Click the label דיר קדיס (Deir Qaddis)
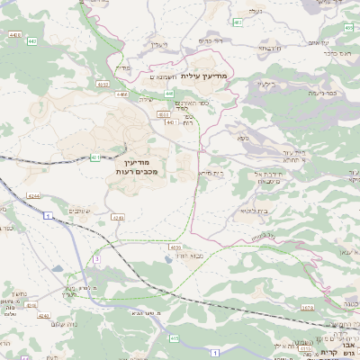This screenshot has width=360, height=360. [209, 40]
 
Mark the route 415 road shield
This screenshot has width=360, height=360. [174, 338]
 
